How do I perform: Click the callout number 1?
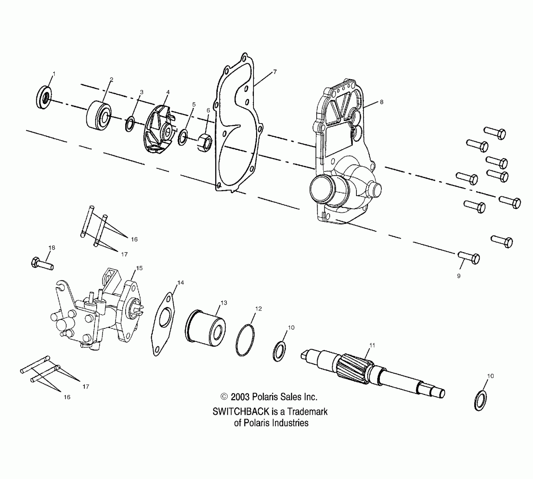coord(54,74)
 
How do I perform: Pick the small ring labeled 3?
coord(129,124)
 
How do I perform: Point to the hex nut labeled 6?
coord(204,142)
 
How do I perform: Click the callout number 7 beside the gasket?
coord(275,72)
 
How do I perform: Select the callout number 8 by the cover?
coord(382,102)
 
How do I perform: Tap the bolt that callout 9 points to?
coord(469,257)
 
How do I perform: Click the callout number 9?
coord(459,276)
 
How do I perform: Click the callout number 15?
coord(139,268)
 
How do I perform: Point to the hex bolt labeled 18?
coord(42,264)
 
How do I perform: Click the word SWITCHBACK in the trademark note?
coord(241,412)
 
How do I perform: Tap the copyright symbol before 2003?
coord(224,396)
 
